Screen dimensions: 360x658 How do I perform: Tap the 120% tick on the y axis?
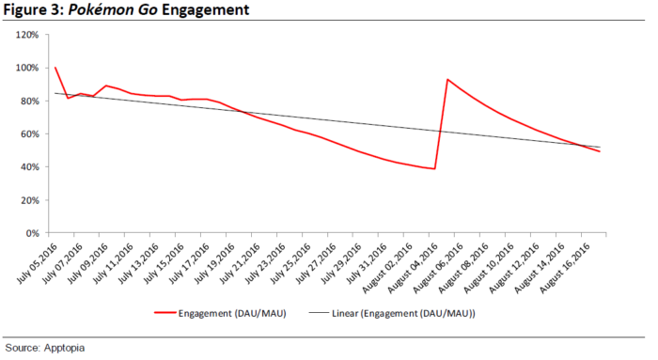coord(25,35)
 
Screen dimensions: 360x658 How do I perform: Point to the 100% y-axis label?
coord(25,68)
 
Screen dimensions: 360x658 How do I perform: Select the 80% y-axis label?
coord(27,101)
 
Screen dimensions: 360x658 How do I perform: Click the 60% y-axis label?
coord(27,133)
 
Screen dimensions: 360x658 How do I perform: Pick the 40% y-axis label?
coord(27,166)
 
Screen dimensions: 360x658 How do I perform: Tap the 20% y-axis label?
coord(27,199)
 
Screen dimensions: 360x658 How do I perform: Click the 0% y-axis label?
coord(30,232)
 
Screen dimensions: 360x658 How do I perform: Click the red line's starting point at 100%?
coord(55,68)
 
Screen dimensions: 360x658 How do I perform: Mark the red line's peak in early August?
coord(447,80)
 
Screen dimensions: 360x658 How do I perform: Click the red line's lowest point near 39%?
coord(433,168)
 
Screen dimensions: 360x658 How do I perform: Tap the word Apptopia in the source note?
coord(62,348)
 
